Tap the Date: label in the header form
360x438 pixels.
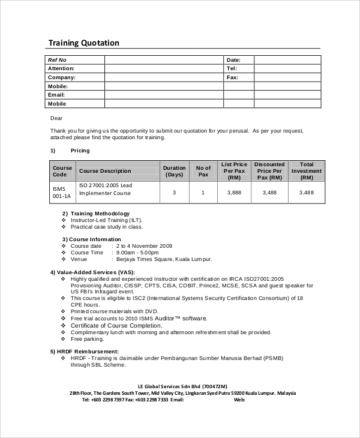[x=233, y=60]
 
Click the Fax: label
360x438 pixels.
[x=232, y=77]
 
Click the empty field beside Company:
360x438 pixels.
[x=164, y=77]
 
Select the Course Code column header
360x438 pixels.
[x=62, y=171]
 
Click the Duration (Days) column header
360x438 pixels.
[x=174, y=171]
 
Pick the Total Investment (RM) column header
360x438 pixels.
[x=306, y=171]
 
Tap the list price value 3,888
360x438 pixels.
[x=234, y=193]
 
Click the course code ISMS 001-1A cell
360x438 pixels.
[x=62, y=193]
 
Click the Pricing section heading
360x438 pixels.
[x=80, y=151]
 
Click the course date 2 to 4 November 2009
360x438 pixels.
[x=144, y=246]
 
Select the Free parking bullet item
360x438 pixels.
[x=88, y=339]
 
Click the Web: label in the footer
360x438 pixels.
[x=239, y=400]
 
